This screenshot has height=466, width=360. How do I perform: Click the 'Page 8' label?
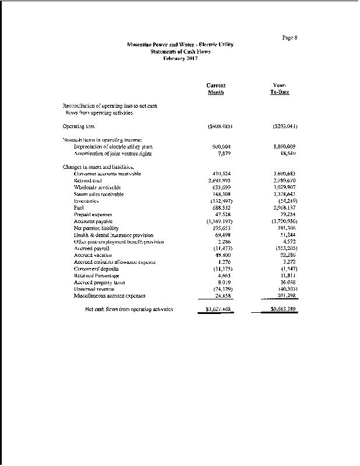pyautogui.click(x=290, y=38)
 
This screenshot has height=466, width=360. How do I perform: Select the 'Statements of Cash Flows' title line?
pyautogui.click(x=180, y=52)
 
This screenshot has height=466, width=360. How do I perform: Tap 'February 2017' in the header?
pyautogui.click(x=180, y=58)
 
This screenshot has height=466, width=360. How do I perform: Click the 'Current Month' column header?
pyautogui.click(x=216, y=89)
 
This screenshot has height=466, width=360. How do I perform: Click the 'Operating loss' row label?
pyautogui.click(x=79, y=126)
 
